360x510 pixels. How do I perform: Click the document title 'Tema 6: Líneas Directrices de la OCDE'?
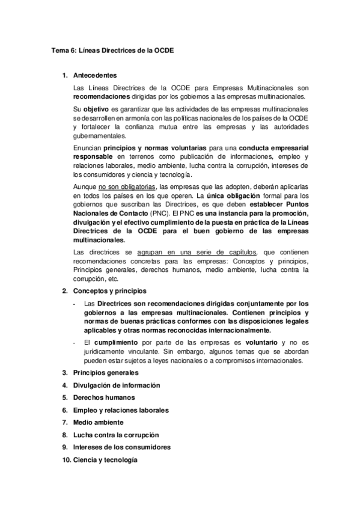click(x=112, y=51)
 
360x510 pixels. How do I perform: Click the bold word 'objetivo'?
click(x=96, y=109)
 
